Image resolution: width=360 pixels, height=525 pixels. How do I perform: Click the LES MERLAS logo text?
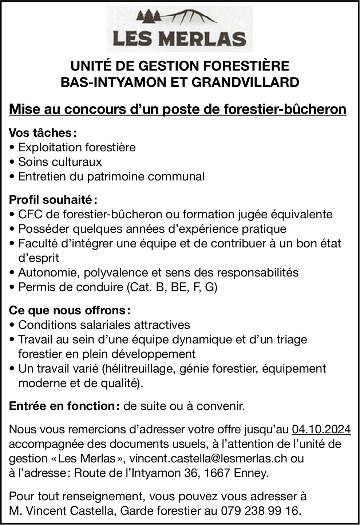click(x=179, y=38)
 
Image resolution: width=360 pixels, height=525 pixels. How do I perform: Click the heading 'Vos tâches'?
click(x=40, y=133)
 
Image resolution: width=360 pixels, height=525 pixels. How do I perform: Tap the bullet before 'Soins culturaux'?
click(x=13, y=162)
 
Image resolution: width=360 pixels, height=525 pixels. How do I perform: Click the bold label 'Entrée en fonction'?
click(x=62, y=406)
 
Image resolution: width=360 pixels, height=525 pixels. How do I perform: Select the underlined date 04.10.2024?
click(x=321, y=430)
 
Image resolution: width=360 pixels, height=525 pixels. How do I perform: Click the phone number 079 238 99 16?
click(x=261, y=511)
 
